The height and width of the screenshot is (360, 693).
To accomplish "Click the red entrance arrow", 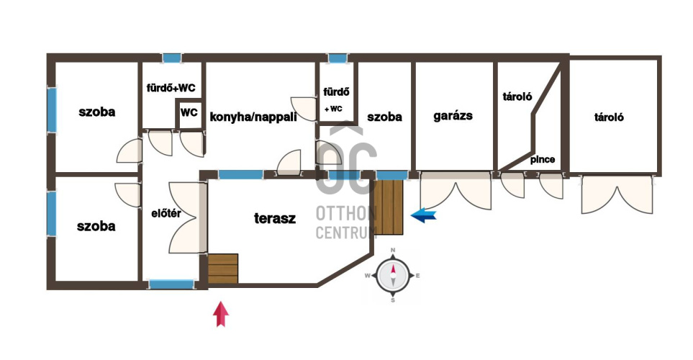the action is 221,314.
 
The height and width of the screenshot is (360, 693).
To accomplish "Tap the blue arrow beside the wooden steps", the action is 423,215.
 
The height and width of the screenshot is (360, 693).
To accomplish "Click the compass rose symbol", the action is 393,276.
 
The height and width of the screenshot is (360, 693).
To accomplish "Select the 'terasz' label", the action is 275,218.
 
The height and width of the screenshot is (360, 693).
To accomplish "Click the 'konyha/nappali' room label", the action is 253,117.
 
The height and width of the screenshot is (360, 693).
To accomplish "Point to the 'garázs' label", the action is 453,116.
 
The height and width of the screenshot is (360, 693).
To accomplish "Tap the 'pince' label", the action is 543,160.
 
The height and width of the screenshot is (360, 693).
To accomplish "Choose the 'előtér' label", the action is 166,214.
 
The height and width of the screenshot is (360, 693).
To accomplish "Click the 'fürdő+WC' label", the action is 171,88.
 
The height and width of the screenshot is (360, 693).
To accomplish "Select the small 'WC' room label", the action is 189,112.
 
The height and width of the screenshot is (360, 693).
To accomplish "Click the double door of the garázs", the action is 456,191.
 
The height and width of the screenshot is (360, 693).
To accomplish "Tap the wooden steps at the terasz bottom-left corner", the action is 223,269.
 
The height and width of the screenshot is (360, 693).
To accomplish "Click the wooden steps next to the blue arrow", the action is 389,207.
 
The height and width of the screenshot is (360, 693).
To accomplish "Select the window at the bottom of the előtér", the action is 171,284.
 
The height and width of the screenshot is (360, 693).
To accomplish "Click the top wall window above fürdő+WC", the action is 171,58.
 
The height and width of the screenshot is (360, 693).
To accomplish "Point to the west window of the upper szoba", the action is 52,109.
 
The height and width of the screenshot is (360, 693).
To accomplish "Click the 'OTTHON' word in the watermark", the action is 345,214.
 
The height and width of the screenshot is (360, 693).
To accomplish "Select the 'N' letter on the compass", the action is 393,251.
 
